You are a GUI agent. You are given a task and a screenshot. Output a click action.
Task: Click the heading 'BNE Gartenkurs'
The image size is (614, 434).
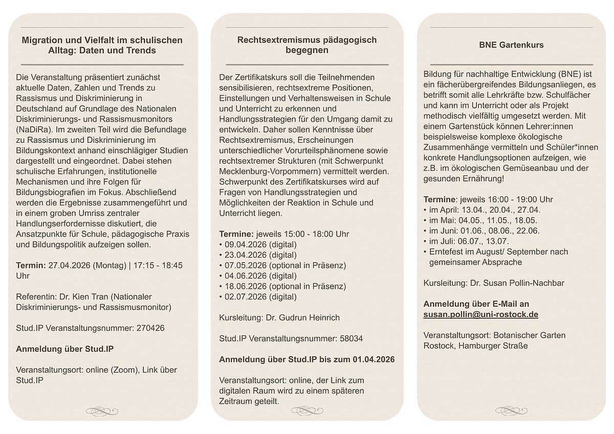[511, 45]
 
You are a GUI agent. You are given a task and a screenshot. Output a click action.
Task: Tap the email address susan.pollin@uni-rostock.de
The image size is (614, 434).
[480, 314]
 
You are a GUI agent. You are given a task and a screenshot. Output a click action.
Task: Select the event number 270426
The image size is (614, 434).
[150, 328]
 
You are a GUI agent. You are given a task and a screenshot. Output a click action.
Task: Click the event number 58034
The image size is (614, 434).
[350, 338]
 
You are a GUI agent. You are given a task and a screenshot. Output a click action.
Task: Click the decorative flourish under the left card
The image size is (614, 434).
[102, 410]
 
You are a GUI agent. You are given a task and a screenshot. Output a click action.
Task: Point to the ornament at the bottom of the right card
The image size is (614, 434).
[511, 410]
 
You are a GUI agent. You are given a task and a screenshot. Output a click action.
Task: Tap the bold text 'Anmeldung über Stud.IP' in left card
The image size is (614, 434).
[65, 349]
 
